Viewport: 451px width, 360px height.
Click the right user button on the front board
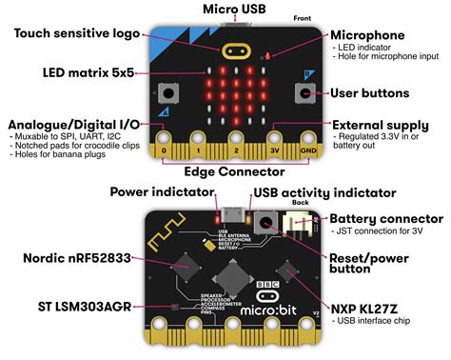point(304,93)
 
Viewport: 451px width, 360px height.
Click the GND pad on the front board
point(307,150)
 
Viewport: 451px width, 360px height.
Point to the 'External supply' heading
point(380,125)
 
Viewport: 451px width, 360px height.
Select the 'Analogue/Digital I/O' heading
point(73,126)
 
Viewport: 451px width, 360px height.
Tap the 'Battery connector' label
point(384,218)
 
